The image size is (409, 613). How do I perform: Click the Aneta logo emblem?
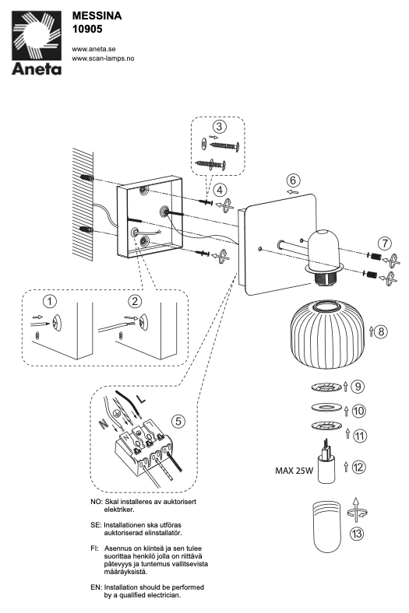[x=37, y=36]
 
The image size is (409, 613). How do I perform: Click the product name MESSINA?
[x=97, y=16]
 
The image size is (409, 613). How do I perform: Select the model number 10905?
[x=87, y=29]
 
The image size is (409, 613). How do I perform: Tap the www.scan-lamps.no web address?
[x=103, y=58]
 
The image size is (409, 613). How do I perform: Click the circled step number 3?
[x=219, y=126]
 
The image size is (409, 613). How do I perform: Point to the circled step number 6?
[x=293, y=180]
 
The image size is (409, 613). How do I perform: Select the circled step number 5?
[x=178, y=421]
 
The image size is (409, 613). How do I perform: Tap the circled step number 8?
[x=380, y=332]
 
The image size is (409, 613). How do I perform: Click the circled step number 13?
[x=357, y=534]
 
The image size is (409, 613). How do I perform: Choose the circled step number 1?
[x=50, y=301]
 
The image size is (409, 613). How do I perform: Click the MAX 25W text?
[x=294, y=471]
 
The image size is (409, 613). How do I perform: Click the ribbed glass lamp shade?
[x=329, y=335]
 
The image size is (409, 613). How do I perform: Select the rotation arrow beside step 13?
[x=356, y=510]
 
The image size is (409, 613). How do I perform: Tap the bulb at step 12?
[x=326, y=463]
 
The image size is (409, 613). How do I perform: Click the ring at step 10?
[x=326, y=408]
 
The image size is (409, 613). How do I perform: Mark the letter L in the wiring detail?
[x=140, y=400]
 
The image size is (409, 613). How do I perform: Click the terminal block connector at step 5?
[x=143, y=450]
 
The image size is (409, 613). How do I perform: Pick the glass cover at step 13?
[x=326, y=526]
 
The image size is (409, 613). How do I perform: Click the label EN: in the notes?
[x=96, y=587]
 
